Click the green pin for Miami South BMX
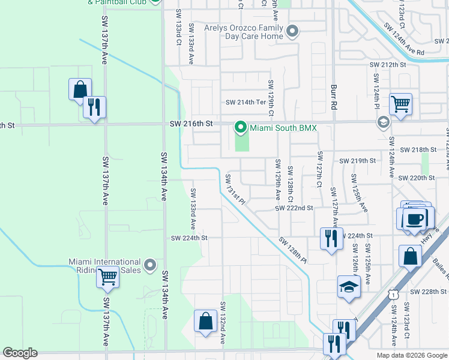click(241, 127)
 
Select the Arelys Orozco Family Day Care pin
click(292, 31)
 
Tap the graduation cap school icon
click(349, 286)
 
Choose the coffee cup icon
click(415, 218)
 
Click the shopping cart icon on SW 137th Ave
click(108, 277)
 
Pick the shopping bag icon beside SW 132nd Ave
click(205, 320)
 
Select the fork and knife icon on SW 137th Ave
click(94, 107)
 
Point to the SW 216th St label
click(191, 124)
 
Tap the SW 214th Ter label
click(246, 102)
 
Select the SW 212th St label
click(388, 64)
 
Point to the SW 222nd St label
click(294, 208)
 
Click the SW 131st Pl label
click(235, 190)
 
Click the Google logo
click(20, 353)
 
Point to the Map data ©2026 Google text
click(411, 355)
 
